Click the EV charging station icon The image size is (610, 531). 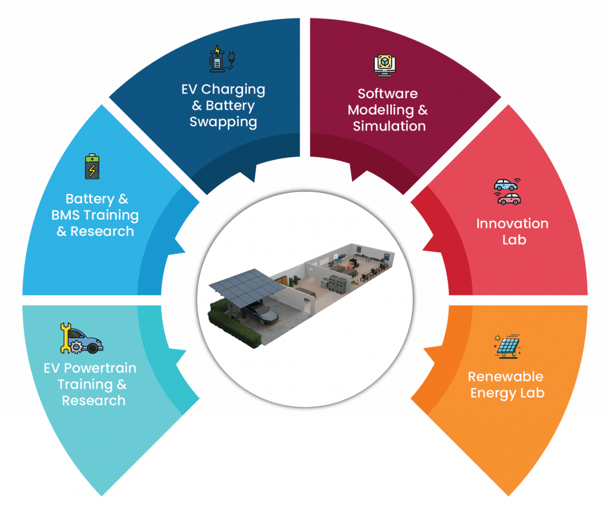click(x=222, y=59)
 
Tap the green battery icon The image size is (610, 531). click(x=92, y=166)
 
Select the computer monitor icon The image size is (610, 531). click(x=385, y=65)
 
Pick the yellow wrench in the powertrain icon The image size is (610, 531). click(x=66, y=338)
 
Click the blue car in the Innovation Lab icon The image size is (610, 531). click(x=506, y=185)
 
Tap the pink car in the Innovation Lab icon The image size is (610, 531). click(x=509, y=198)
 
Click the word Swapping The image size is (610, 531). click(x=223, y=122)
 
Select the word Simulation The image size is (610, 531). click(x=389, y=126)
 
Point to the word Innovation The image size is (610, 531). click(x=512, y=223)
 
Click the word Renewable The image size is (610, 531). click(x=505, y=376)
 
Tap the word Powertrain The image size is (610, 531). click(x=100, y=368)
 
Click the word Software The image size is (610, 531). click(x=387, y=93)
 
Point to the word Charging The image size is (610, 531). click(x=233, y=90)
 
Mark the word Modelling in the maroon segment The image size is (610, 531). click(x=381, y=110)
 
